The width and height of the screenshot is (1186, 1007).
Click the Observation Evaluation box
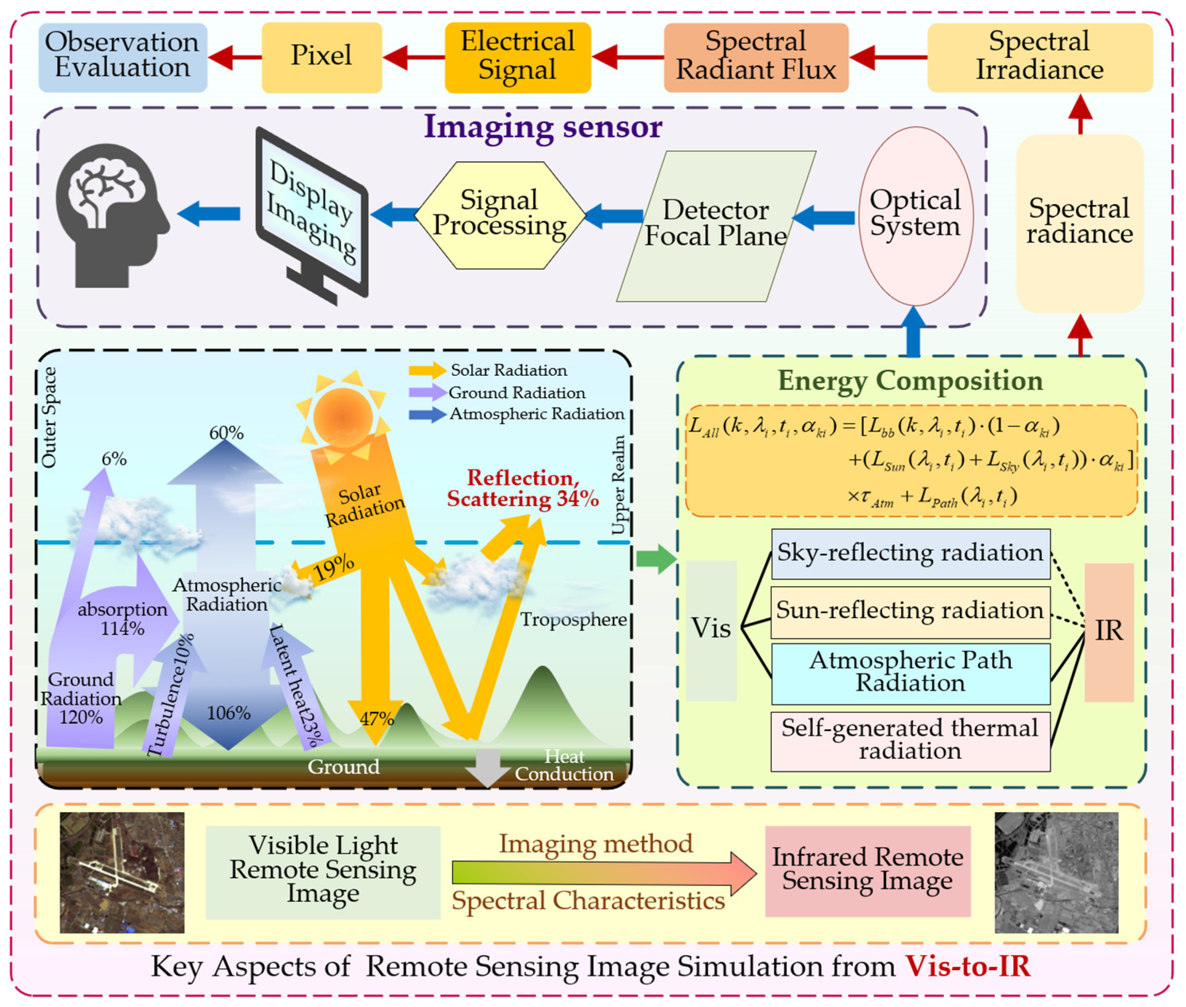[123, 57]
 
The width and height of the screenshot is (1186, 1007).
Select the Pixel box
[322, 57]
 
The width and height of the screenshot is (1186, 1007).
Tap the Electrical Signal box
[518, 57]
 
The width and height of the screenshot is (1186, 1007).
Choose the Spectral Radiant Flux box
[756, 57]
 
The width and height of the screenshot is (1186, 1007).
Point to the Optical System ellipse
[916, 216]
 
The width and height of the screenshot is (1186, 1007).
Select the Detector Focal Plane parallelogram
[716, 226]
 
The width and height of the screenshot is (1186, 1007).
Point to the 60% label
[226, 433]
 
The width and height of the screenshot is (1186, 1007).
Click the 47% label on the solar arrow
[377, 719]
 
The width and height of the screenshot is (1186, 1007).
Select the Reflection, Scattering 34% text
[522, 489]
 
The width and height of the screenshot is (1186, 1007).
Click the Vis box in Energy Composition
[711, 631]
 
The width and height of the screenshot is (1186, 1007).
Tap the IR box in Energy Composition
[1109, 632]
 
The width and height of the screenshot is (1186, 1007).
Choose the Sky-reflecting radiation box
[911, 554]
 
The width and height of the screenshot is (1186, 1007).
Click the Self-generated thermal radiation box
[911, 742]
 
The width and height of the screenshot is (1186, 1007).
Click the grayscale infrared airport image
[1057, 873]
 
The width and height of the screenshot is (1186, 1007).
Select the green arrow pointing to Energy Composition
[657, 559]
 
